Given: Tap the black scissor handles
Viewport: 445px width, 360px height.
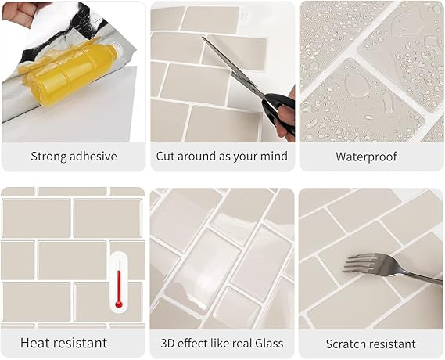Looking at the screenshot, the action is [278, 110].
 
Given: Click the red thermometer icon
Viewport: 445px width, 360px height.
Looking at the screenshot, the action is [119, 284].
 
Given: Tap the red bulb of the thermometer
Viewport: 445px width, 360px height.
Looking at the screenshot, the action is [119, 305].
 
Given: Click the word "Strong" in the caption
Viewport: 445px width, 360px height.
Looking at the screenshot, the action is [49, 157].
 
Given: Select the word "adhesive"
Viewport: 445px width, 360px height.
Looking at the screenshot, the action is [93, 157].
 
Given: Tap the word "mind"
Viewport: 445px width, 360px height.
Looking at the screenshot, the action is [275, 156].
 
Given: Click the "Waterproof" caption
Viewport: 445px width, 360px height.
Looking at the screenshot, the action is [366, 157].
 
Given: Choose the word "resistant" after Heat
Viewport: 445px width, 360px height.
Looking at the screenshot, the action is [81, 343].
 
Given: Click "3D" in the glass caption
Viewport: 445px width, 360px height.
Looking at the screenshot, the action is [167, 344].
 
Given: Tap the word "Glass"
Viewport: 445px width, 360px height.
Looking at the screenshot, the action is [269, 344].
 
